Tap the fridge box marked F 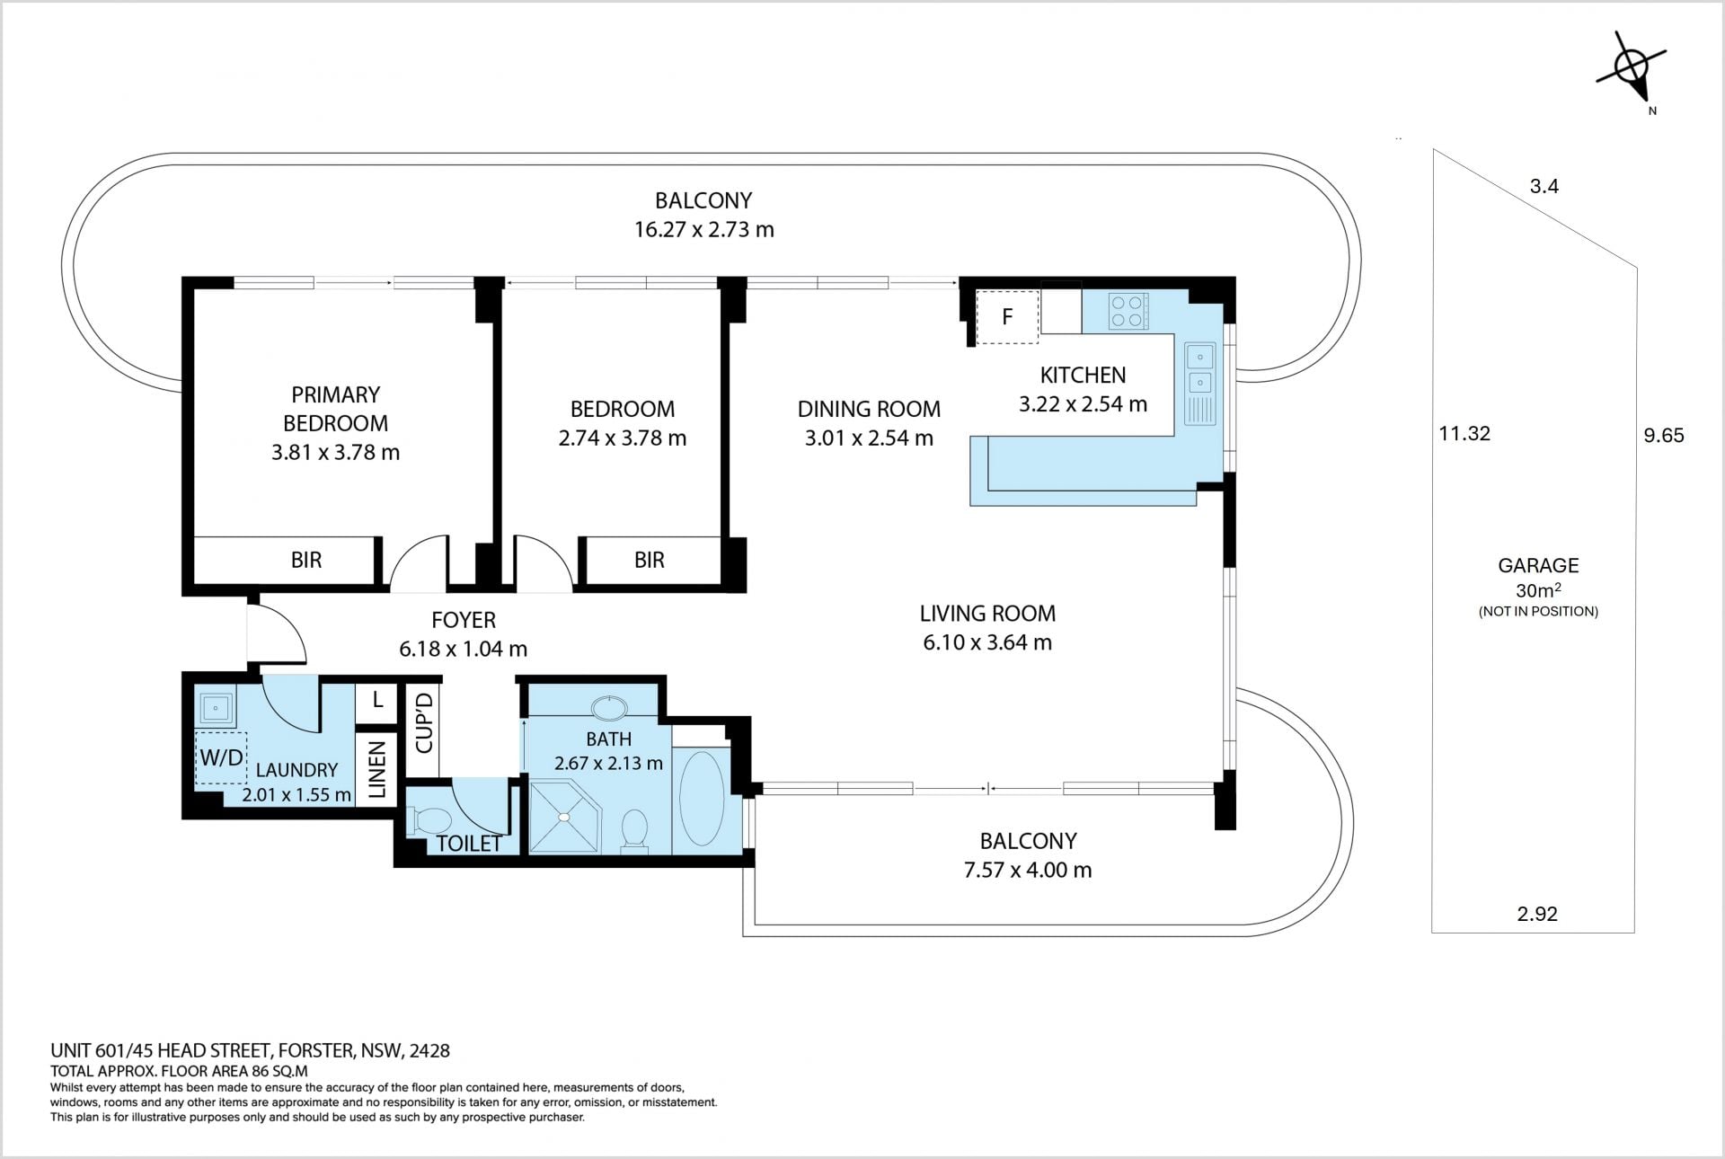click(1007, 316)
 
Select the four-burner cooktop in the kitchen click(1128, 311)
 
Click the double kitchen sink click(1200, 384)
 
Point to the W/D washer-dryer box click(221, 757)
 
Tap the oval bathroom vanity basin click(612, 707)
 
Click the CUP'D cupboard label click(424, 722)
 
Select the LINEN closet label click(377, 769)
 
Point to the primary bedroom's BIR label click(306, 560)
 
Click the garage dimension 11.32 click(1464, 433)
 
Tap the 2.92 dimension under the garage click(1537, 914)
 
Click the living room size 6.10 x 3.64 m click(987, 642)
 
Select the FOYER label click(464, 620)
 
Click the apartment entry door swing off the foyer click(278, 633)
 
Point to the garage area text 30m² click(1538, 590)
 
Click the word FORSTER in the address click(317, 1050)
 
